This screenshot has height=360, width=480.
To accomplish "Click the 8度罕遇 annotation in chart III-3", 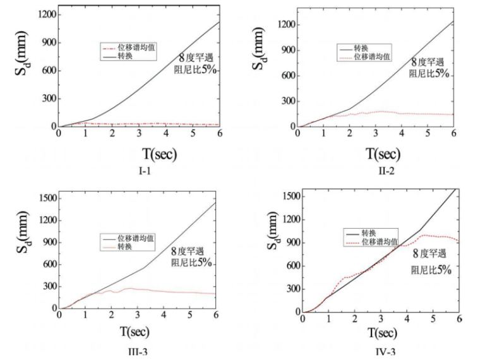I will click(192, 251).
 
